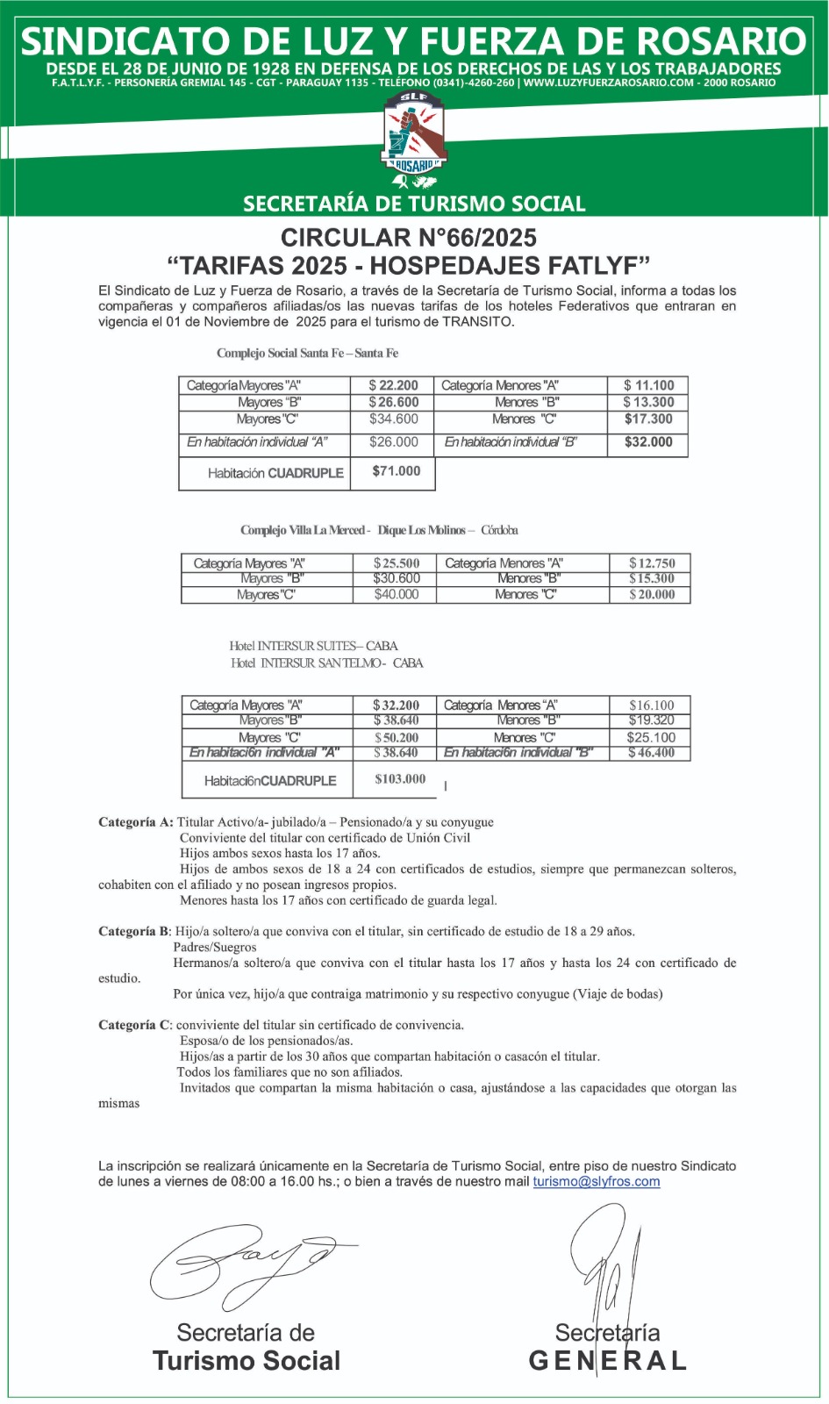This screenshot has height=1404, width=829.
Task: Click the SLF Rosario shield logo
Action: coord(414,134)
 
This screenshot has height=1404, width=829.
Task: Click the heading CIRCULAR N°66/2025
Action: coord(409,238)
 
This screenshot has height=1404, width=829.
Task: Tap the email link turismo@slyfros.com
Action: coord(597,1182)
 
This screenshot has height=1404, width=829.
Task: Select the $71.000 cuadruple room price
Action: coord(396,471)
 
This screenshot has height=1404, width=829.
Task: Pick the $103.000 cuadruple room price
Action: coord(399,779)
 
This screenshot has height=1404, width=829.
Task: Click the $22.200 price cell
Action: coord(393,385)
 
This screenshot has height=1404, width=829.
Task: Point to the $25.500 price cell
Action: coord(397,563)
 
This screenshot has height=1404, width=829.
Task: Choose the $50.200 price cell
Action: coord(397,738)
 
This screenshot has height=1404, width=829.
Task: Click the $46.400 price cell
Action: coord(651,753)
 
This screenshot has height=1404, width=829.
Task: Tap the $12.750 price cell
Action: coord(652,563)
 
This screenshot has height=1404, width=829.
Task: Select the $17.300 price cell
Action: coord(648,419)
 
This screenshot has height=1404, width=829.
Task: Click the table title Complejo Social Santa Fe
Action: coord(307,354)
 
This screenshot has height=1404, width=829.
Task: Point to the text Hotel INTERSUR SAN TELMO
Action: coord(326,663)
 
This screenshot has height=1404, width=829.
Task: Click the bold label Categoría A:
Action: coord(136,822)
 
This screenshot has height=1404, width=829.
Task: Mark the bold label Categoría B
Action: coord(134,932)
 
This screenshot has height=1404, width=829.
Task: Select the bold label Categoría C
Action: coord(134,1025)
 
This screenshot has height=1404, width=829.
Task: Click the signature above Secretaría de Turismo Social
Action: coord(250,1264)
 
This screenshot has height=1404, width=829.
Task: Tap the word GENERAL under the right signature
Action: coord(607,1361)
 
